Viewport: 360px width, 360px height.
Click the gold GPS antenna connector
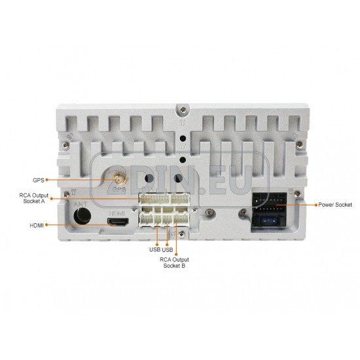[118, 179]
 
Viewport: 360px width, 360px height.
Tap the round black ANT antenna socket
[82, 216]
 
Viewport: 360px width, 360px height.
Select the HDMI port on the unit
[118, 222]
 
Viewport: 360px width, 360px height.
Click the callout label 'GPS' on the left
[39, 180]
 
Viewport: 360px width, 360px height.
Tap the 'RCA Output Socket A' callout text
[34, 198]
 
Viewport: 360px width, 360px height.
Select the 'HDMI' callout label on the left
[37, 225]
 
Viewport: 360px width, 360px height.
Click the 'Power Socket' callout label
[335, 205]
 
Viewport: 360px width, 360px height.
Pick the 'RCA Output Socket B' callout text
[174, 262]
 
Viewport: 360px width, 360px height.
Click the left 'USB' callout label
[154, 249]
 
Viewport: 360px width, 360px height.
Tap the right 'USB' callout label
[168, 250]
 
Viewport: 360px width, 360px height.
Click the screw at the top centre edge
[183, 109]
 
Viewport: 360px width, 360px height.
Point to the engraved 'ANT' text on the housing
[81, 204]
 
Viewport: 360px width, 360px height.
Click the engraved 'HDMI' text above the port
[117, 213]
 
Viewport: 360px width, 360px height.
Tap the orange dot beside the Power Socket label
[316, 205]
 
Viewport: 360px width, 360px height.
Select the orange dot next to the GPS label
[46, 180]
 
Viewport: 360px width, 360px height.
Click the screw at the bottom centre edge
[182, 234]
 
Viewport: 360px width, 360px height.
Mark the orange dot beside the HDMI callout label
[46, 225]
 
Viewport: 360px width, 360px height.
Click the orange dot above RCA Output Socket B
[176, 255]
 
